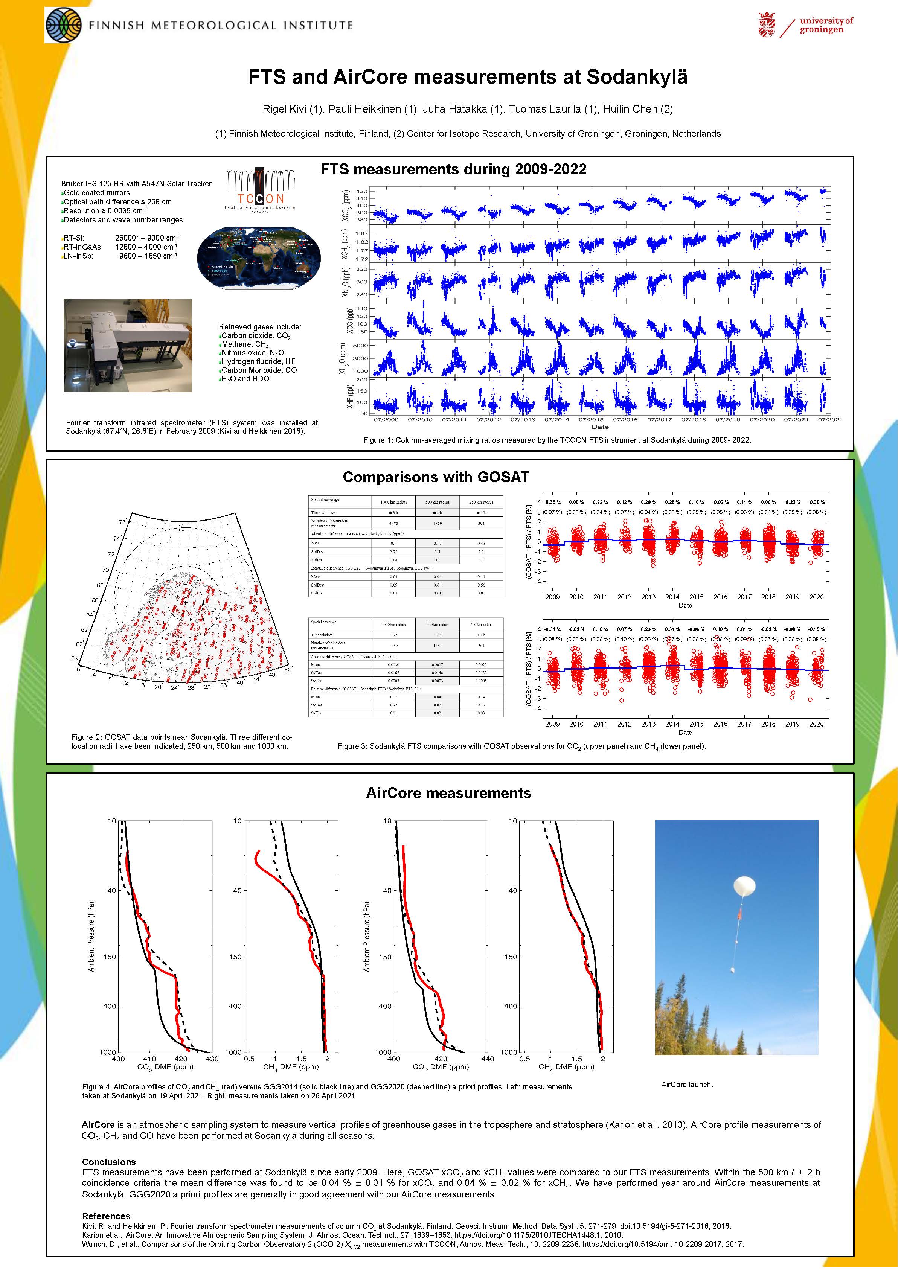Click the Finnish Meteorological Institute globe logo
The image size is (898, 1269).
[63, 25]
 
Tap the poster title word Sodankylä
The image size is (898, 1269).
[637, 78]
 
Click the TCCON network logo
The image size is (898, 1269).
[261, 190]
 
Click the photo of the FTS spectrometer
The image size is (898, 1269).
[128, 346]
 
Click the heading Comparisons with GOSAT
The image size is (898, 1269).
[436, 478]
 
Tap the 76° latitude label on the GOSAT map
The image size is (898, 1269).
[122, 522]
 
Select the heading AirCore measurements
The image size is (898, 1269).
[448, 793]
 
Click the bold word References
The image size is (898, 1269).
[106, 1216]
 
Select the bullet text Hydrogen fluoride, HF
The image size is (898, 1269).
[258, 361]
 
